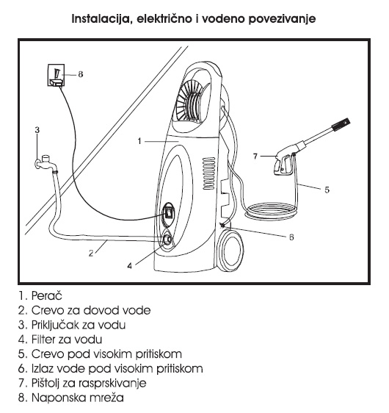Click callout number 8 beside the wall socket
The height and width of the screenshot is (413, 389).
[81, 74]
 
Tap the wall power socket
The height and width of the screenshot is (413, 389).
[56, 76]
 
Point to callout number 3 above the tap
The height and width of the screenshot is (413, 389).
[37, 130]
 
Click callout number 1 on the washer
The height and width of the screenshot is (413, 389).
[139, 141]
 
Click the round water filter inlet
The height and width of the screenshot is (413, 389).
[167, 240]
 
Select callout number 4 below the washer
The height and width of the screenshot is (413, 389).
[130, 266]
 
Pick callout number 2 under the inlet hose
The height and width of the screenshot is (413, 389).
[91, 254]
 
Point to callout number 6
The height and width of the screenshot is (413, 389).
[291, 237]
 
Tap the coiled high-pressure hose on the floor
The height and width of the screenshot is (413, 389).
[271, 210]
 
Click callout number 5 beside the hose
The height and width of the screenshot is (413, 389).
[327, 190]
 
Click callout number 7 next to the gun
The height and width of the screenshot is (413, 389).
[255, 157]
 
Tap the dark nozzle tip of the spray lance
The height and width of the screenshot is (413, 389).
[341, 124]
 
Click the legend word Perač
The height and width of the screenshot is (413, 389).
[47, 295]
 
